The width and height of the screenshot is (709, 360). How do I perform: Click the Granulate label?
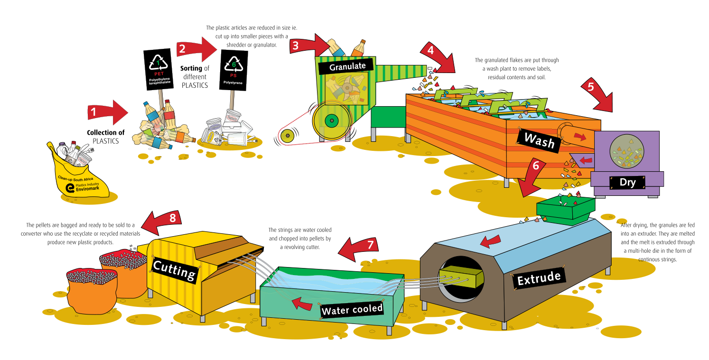tap(347, 66)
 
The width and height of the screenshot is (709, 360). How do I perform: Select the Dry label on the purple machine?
tap(627, 183)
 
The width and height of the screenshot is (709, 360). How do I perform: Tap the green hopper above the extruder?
tap(565, 209)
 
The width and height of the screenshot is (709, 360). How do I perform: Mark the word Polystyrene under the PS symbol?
tap(233, 83)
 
